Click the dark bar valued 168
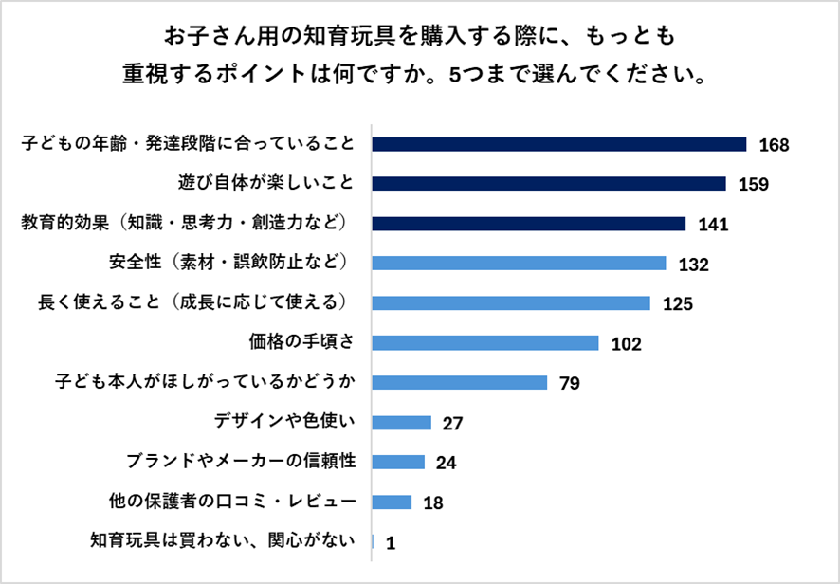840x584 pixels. (559, 144)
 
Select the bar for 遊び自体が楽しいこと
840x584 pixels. (549, 184)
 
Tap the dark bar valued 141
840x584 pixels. (528, 224)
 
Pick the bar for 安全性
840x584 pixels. (520, 264)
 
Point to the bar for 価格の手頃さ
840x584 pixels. (485, 342)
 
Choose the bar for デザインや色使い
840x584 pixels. (402, 422)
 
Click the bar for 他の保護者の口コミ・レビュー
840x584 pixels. (393, 502)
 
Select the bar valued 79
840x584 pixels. (460, 383)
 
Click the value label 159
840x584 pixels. (753, 185)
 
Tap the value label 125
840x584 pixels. (679, 304)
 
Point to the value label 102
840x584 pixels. (627, 344)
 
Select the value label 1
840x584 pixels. (390, 543)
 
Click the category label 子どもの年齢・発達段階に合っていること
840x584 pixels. (188, 144)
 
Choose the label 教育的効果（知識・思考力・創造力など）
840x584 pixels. (188, 224)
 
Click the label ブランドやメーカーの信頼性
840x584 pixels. (240, 462)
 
